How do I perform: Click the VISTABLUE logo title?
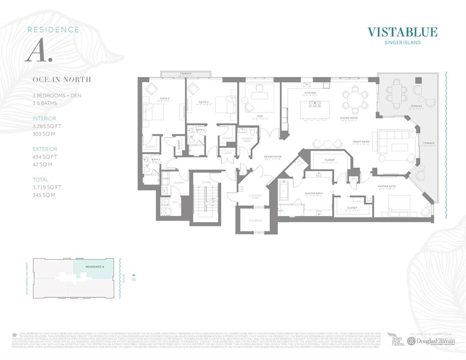402,32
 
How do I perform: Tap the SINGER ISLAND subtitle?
402,43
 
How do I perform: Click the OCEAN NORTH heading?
61,79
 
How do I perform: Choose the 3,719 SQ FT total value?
47,187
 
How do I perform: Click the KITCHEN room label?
310,93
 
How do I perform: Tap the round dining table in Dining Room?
352,100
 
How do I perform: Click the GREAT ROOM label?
361,141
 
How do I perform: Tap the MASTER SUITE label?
387,186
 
